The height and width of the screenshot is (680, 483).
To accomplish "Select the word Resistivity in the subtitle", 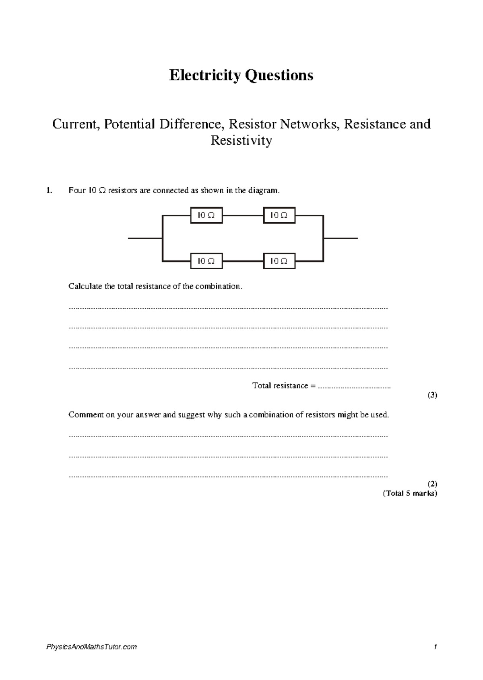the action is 242,141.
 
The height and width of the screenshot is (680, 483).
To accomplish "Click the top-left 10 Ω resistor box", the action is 206,215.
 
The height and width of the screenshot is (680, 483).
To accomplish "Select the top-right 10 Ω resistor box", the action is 279,215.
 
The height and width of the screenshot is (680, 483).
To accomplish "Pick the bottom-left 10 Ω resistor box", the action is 206,261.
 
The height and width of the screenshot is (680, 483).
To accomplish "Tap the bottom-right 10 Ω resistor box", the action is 279,261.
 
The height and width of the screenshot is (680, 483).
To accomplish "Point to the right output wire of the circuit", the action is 341,238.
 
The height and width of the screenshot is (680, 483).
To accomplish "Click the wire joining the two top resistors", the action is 242,215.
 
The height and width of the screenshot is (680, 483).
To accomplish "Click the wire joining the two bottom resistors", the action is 242,261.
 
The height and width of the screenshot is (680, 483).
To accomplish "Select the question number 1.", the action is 49,190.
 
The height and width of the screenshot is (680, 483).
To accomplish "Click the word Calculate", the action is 85,287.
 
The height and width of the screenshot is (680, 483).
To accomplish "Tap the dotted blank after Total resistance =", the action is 354,387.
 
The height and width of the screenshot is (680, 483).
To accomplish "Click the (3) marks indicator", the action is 432,395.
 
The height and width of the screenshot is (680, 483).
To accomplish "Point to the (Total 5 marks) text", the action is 410,494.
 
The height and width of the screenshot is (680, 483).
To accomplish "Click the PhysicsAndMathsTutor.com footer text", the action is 91,647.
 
